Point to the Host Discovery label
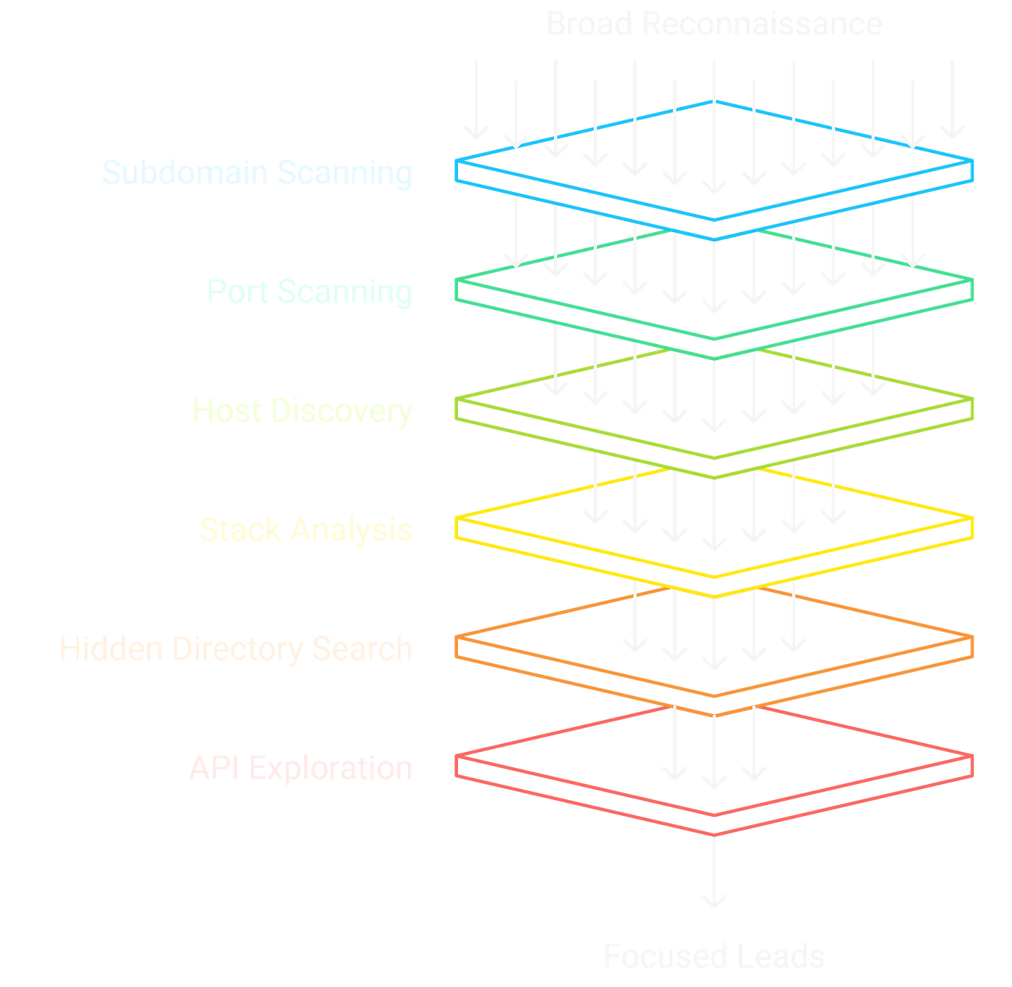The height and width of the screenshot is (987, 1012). (x=302, y=410)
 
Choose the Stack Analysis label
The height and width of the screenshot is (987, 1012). (x=306, y=530)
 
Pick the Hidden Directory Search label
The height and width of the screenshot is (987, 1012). (x=236, y=649)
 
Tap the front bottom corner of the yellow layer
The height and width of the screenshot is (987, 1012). (x=715, y=596)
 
